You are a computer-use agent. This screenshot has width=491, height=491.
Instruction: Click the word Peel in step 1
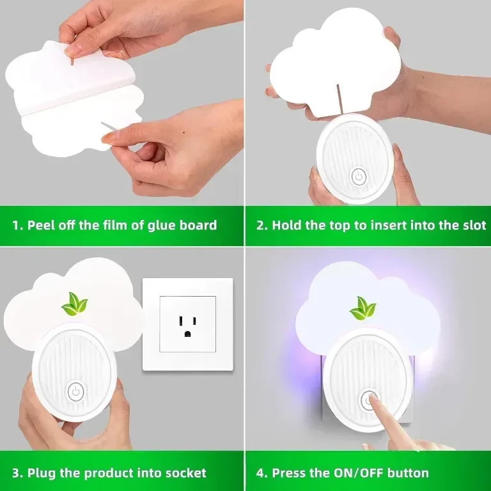39,226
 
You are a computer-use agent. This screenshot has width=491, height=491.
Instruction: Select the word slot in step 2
474,226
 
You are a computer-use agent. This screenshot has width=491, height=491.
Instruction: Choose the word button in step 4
408,473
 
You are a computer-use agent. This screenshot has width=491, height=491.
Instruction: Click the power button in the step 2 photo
359,177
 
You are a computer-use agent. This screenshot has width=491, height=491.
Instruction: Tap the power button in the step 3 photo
75,391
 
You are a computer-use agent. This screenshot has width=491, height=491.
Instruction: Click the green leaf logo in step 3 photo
75,304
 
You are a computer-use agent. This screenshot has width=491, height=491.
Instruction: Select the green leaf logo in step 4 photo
362,308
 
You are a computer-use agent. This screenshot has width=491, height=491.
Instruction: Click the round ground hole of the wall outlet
187,334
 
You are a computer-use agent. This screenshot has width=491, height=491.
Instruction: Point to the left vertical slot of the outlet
181,321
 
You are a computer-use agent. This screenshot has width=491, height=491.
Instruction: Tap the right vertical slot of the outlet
194,321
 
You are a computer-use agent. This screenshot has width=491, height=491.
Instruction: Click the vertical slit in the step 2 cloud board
339,98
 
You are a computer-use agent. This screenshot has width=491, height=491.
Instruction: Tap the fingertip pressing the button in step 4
373,398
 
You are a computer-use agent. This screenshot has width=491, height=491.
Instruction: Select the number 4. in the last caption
262,473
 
